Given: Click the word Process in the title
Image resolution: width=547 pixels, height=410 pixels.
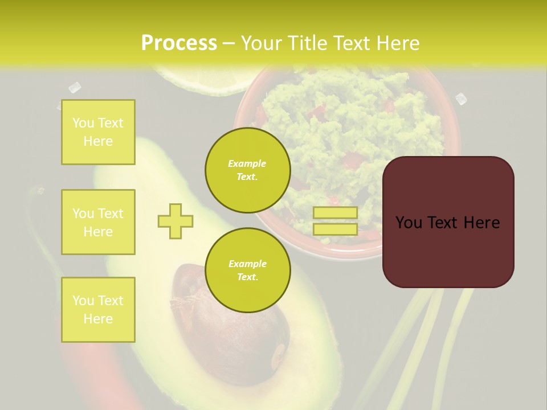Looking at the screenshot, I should pyautogui.click(x=179, y=43).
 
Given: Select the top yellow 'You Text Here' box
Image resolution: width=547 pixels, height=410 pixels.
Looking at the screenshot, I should pyautogui.click(x=98, y=132).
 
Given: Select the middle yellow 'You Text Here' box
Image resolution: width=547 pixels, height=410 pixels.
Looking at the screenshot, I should pyautogui.click(x=98, y=222).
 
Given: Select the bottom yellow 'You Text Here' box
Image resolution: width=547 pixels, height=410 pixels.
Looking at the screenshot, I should pyautogui.click(x=98, y=310).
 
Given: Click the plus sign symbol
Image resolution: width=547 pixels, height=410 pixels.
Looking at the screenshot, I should pyautogui.click(x=175, y=221).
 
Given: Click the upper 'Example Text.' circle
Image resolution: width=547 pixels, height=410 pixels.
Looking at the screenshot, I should pyautogui.click(x=247, y=170).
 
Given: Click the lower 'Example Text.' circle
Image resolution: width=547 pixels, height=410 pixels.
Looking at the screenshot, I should pyautogui.click(x=247, y=270).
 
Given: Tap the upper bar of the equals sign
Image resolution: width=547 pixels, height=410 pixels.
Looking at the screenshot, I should pyautogui.click(x=335, y=212).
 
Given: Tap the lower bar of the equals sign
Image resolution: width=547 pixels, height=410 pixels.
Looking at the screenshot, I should pyautogui.click(x=335, y=229).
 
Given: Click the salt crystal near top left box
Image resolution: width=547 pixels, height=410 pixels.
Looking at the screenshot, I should pyautogui.click(x=75, y=87).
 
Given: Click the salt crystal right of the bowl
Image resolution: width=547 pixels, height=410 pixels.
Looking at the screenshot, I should pyautogui.click(x=461, y=99).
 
